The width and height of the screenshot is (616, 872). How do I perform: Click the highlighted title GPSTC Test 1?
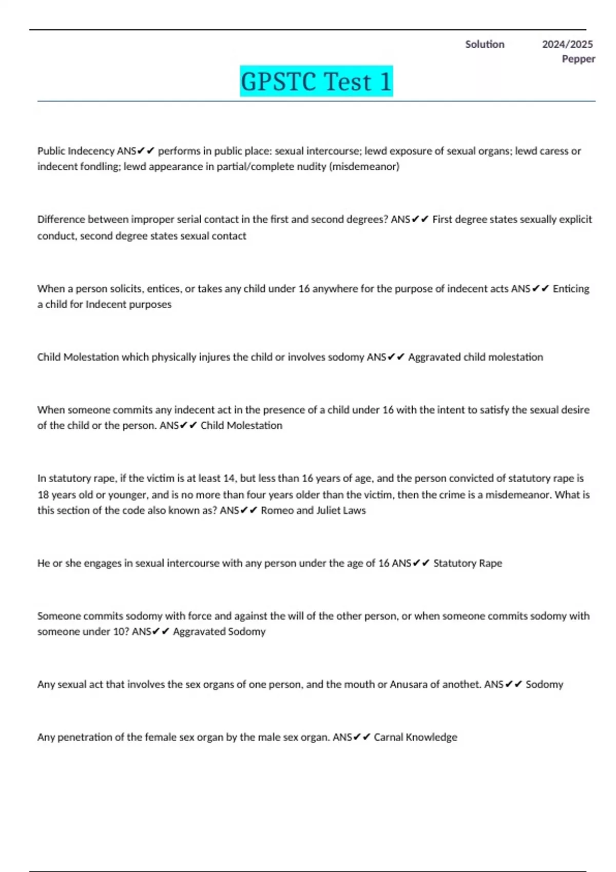point(316,82)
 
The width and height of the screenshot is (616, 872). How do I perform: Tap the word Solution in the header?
point(485,45)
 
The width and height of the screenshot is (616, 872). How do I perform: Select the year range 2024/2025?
point(567,45)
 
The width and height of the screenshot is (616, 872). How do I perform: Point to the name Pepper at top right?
point(579,59)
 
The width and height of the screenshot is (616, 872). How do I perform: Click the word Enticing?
point(571,289)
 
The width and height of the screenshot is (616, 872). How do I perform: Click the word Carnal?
point(388,737)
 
